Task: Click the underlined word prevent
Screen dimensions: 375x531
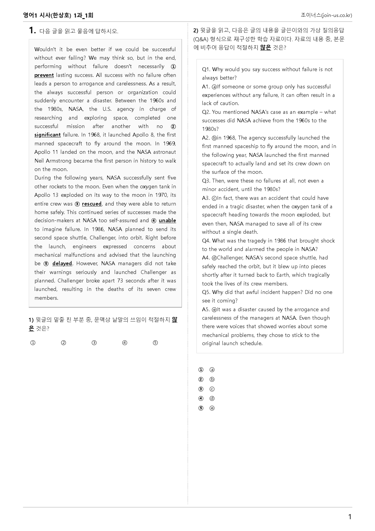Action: (x=44, y=75)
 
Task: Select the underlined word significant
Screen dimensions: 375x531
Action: (x=48, y=135)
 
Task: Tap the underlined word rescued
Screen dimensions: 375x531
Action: (x=92, y=204)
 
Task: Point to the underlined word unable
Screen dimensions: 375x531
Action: (x=167, y=220)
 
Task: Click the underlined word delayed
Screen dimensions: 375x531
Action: (x=62, y=263)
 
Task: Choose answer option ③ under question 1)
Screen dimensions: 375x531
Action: (x=94, y=343)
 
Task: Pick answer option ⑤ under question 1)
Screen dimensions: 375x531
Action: (x=155, y=343)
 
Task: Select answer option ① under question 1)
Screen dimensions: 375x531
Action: (x=33, y=343)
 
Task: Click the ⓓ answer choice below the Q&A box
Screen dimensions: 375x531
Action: (x=212, y=398)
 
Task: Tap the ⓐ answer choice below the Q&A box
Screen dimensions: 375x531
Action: (x=212, y=370)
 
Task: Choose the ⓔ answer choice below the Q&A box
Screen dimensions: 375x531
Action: (x=212, y=408)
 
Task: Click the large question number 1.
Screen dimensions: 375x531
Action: (x=32, y=30)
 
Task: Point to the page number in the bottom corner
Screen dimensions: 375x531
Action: (x=350, y=517)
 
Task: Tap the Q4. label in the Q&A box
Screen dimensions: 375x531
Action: (x=206, y=241)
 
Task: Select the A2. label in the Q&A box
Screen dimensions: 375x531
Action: (x=206, y=138)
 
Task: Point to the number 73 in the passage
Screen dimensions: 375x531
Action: (x=120, y=281)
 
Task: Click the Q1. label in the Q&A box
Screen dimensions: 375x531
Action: (x=206, y=69)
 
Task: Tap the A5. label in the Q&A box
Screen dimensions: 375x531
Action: (x=206, y=309)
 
